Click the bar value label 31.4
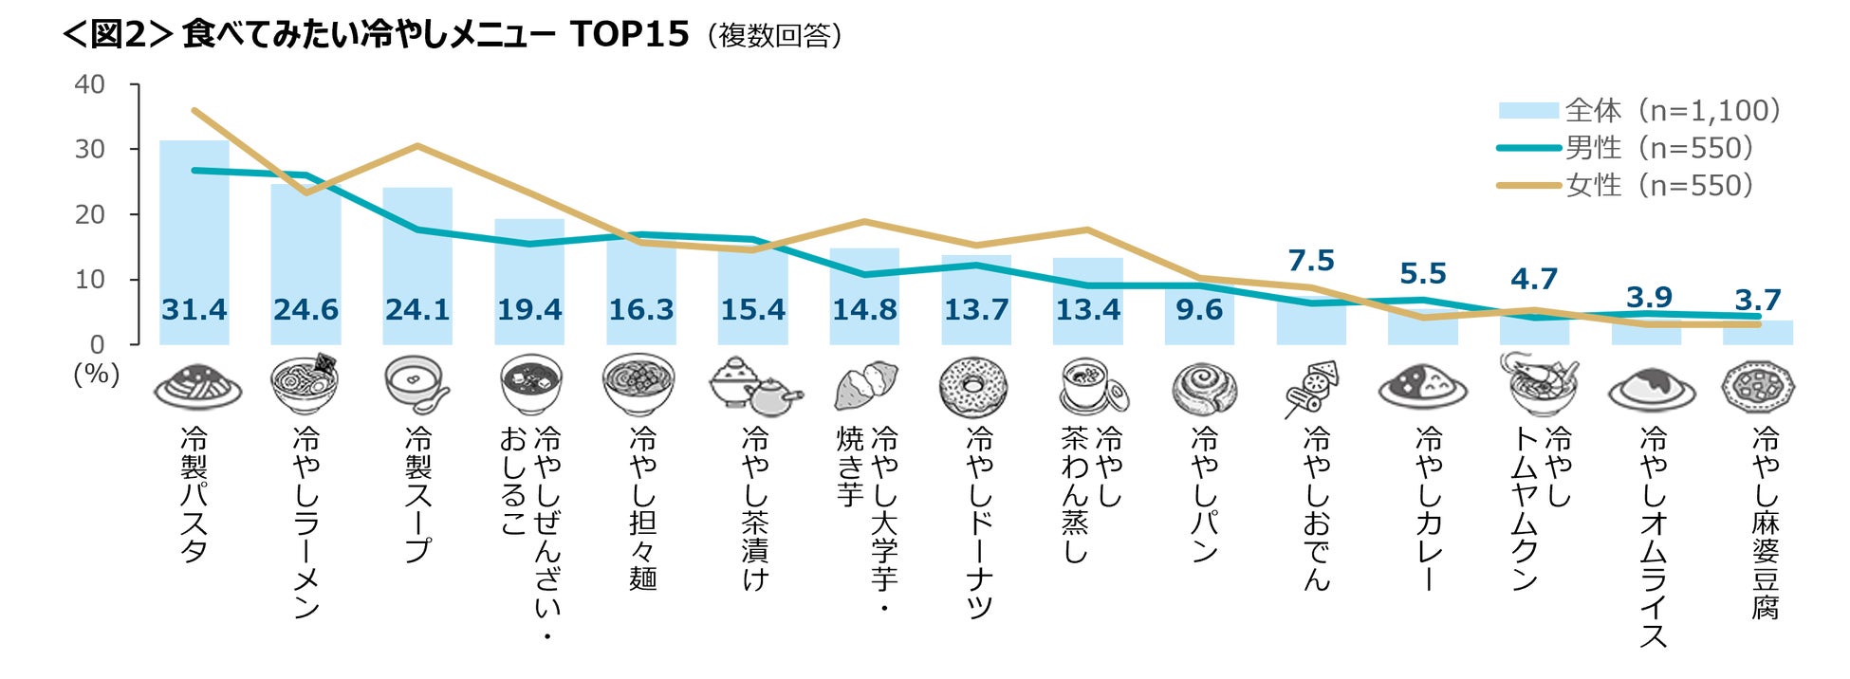194,310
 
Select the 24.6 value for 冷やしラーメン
305,310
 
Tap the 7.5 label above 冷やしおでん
1311,261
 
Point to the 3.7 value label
1758,301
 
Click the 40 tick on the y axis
90,84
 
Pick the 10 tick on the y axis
90,280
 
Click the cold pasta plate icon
197,386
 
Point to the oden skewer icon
1311,388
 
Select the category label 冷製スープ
417,494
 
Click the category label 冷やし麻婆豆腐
1765,523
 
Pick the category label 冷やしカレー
1429,508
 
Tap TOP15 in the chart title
629,34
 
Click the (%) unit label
97,374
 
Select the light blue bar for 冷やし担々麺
641,290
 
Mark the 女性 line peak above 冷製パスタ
194,110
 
